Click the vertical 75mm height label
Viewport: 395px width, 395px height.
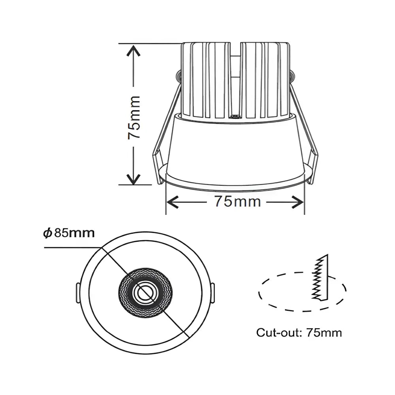[x=134, y=117]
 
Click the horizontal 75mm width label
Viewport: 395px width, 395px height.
[x=237, y=201]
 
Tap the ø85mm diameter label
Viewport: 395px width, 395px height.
[x=69, y=233]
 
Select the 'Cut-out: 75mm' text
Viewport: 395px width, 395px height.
[x=299, y=332]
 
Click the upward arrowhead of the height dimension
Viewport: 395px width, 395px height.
[x=134, y=52]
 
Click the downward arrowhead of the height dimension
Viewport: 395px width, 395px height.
[x=134, y=179]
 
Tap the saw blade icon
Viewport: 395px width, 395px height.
[x=320, y=276]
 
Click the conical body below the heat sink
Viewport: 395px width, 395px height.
[x=235, y=150]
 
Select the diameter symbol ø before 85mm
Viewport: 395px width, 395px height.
[x=47, y=233]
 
